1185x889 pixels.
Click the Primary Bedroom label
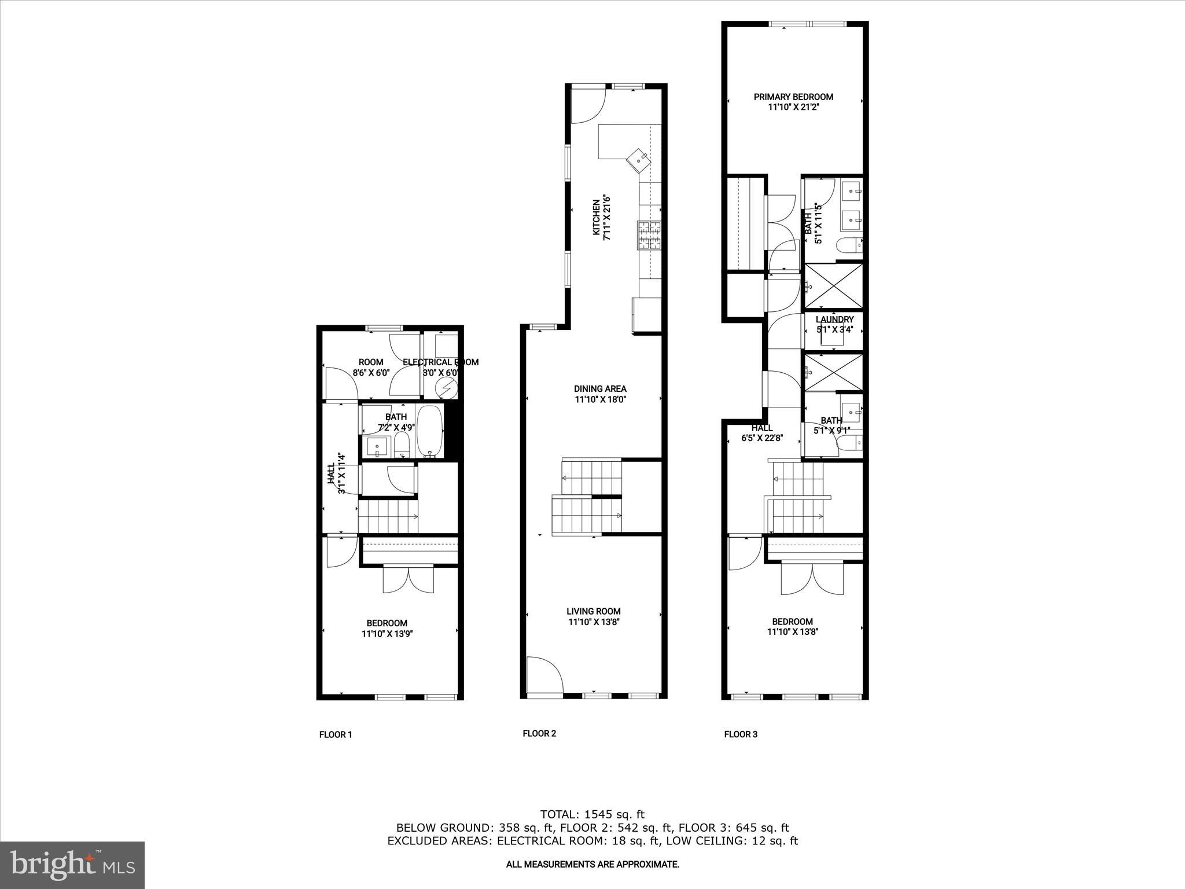793,97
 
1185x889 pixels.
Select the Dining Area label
600,389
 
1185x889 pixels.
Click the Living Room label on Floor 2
593,611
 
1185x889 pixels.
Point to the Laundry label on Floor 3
834,319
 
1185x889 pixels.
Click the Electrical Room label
440,362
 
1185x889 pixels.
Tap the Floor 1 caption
336,734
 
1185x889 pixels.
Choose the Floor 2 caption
539,733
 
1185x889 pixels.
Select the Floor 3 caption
741,734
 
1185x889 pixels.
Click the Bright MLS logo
72,865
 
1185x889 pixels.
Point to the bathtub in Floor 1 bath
430,431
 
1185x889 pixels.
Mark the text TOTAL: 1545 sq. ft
592,815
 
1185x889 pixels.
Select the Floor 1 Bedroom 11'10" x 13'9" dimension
387,634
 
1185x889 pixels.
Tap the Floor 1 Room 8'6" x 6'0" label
371,368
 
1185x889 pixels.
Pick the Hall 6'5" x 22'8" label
762,433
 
